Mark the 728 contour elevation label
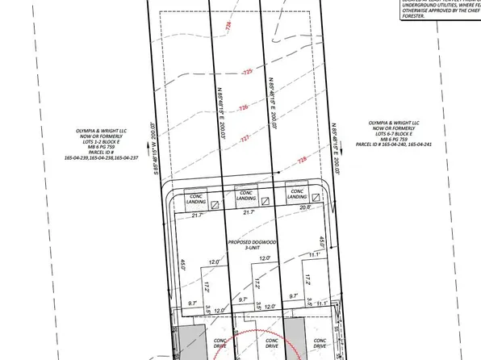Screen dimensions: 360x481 pyautogui.click(x=303, y=160)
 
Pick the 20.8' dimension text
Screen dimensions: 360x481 pyautogui.click(x=305, y=207)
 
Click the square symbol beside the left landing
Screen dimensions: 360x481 pyautogui.click(x=215, y=204)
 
